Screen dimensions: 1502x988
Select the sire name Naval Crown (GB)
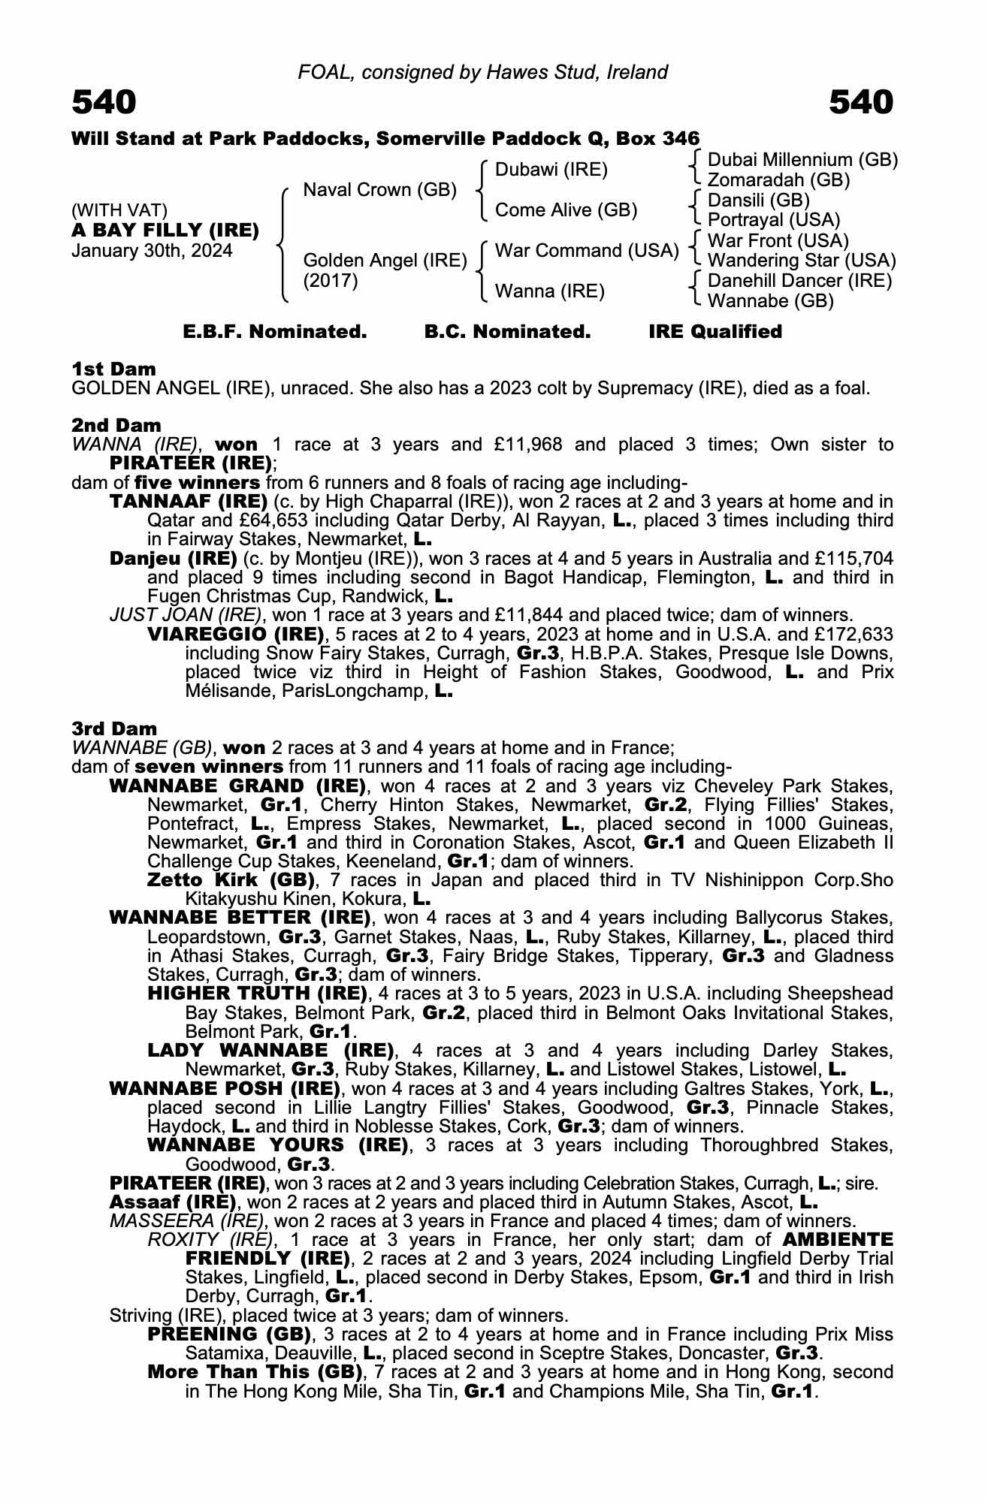point(379,190)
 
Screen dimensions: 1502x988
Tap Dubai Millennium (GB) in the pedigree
point(802,160)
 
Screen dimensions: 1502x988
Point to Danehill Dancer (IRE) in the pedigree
point(799,281)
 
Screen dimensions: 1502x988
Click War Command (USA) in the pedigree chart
point(587,251)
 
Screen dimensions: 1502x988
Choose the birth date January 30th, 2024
point(152,251)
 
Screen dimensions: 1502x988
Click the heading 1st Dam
point(113,369)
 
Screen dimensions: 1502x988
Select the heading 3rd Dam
point(114,728)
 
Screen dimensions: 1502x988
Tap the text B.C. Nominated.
point(507,332)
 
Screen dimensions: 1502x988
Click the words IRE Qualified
point(715,332)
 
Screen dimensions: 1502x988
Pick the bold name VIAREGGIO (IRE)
point(236,634)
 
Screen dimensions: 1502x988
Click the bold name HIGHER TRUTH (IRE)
point(256,994)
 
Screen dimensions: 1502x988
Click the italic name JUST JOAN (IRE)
point(185,615)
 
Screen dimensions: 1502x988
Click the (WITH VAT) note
point(119,210)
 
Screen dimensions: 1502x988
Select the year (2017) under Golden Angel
point(331,281)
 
